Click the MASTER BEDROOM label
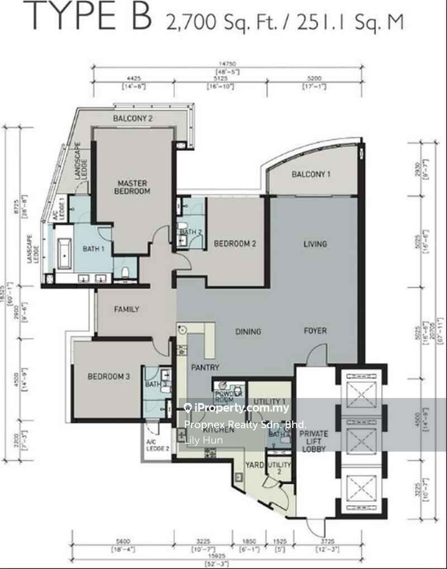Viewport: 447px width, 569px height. pyautogui.click(x=132, y=187)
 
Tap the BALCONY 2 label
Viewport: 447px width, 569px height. pyautogui.click(x=133, y=118)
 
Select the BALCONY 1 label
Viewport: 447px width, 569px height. pyautogui.click(x=311, y=175)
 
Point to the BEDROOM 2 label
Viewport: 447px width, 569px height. pyautogui.click(x=235, y=244)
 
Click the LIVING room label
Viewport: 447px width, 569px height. pyautogui.click(x=315, y=244)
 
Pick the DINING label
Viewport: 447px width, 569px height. pyautogui.click(x=248, y=331)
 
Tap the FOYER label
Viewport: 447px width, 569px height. pyautogui.click(x=315, y=330)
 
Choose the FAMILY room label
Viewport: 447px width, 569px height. pyautogui.click(x=127, y=309)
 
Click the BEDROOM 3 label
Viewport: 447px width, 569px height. pyautogui.click(x=109, y=377)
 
